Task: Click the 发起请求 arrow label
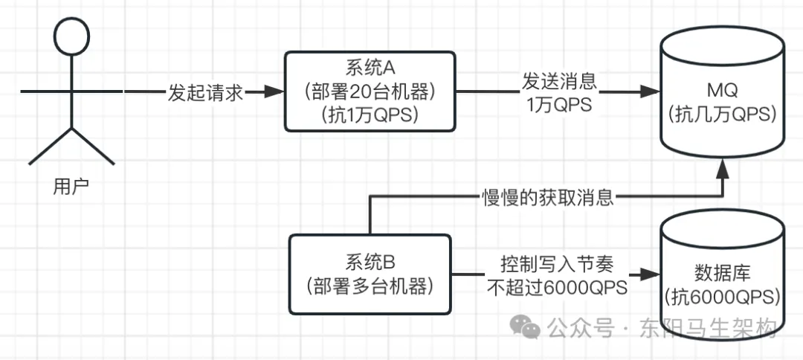click(x=204, y=93)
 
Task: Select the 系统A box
click(x=370, y=91)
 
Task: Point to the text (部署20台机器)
click(x=370, y=91)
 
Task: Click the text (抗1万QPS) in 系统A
click(x=370, y=115)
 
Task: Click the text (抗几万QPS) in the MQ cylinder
click(x=722, y=115)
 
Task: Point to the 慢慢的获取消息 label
click(x=546, y=198)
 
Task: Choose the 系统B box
click(x=370, y=273)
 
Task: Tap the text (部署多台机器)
click(x=370, y=286)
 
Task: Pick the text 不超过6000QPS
click(x=558, y=287)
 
